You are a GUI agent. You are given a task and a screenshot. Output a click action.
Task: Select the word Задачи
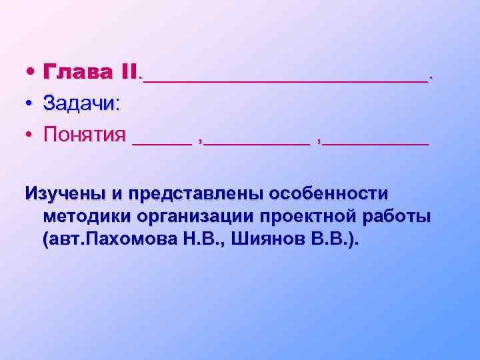pos(81,103)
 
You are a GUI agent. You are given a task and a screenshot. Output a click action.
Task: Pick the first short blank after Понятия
pos(161,142)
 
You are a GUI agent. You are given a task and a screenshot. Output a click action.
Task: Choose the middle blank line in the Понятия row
pos(257,142)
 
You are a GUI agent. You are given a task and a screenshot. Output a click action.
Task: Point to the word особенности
pos(327,193)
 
